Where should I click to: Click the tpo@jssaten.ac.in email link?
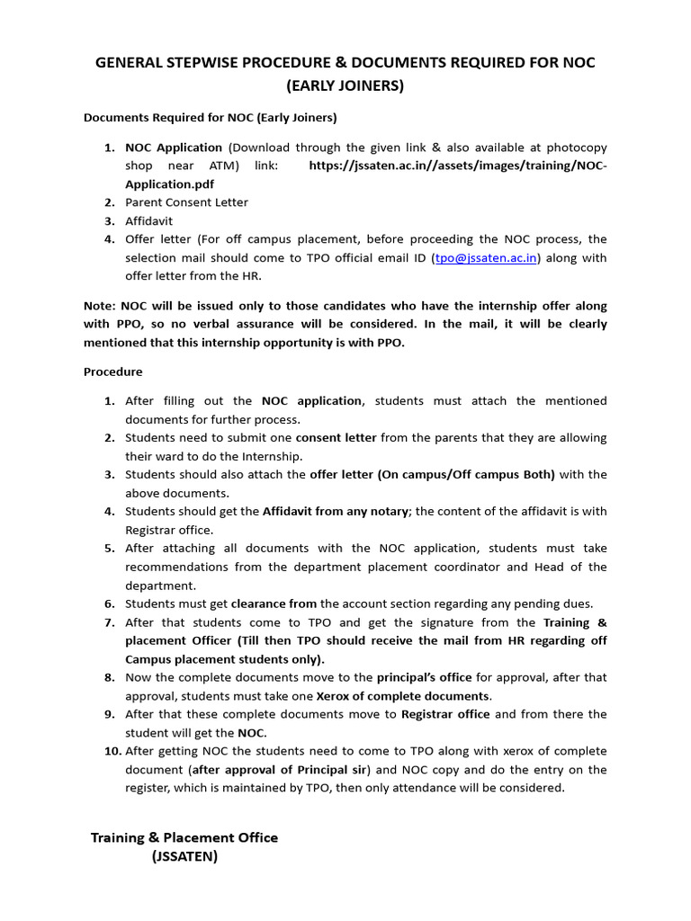click(486, 258)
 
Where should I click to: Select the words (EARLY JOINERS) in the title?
click(345, 86)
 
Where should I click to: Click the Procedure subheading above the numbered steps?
click(112, 371)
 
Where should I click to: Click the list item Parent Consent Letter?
click(186, 202)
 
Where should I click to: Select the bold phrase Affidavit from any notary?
click(336, 511)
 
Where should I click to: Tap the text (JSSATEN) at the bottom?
click(184, 857)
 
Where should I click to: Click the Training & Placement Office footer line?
click(184, 837)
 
